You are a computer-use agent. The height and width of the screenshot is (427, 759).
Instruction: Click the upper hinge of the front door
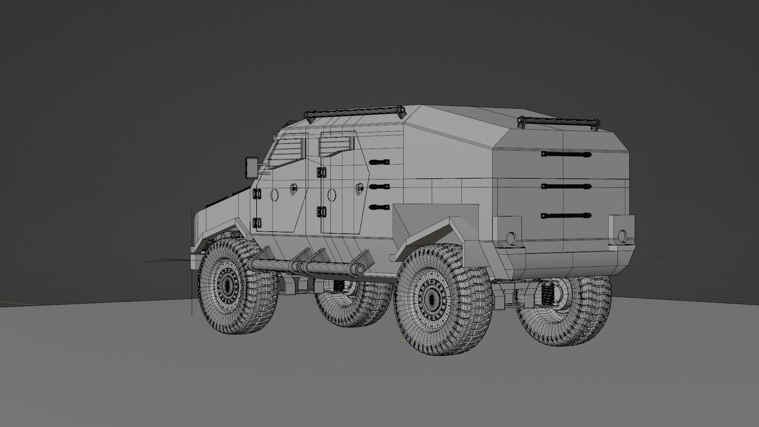pyautogui.click(x=257, y=194)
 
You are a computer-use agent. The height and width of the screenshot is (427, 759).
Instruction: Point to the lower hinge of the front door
pyautogui.click(x=257, y=223)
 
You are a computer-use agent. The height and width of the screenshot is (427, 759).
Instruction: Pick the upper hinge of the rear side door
pyautogui.click(x=321, y=172)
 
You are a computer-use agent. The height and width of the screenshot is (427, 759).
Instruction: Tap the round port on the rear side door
pyautogui.click(x=332, y=195)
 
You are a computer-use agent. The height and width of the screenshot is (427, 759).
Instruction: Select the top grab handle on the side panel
pyautogui.click(x=379, y=162)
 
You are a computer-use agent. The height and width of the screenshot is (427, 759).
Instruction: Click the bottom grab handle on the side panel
pyautogui.click(x=379, y=207)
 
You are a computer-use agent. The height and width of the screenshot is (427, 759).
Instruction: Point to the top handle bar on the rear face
pyautogui.click(x=566, y=154)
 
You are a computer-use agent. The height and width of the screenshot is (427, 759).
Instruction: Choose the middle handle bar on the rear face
pyautogui.click(x=566, y=186)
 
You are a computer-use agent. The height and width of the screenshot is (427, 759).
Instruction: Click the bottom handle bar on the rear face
pyautogui.click(x=566, y=216)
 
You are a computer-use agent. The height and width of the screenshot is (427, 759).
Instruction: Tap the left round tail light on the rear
pyautogui.click(x=511, y=238)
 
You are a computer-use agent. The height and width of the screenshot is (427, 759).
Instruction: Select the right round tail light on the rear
pyautogui.click(x=622, y=236)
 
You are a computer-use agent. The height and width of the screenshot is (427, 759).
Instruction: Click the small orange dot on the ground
pyautogui.click(x=402, y=340)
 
